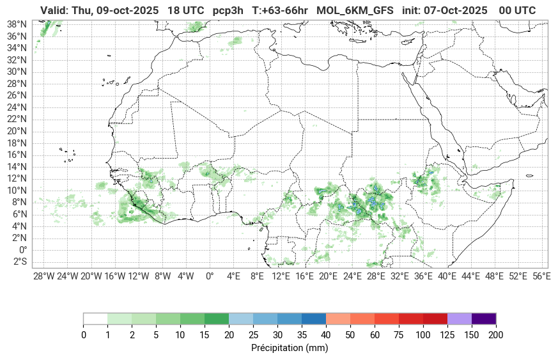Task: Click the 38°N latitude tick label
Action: (x=17, y=24)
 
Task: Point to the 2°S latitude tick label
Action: (x=17, y=262)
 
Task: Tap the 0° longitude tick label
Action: (x=209, y=276)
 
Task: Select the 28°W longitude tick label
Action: (x=43, y=276)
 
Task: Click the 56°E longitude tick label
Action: (x=541, y=276)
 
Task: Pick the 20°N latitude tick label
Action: (x=17, y=131)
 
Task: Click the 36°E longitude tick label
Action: (x=423, y=276)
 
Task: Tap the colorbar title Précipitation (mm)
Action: (x=290, y=348)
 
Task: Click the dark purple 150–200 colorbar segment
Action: (x=484, y=318)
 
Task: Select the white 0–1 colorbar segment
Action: (x=95, y=318)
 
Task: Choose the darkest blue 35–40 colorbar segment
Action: (x=314, y=318)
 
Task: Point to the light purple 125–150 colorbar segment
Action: (x=460, y=318)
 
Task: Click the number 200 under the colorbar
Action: (x=496, y=335)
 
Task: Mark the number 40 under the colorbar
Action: (x=326, y=335)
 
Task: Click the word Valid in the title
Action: (x=54, y=10)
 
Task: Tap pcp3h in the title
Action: (x=228, y=10)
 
